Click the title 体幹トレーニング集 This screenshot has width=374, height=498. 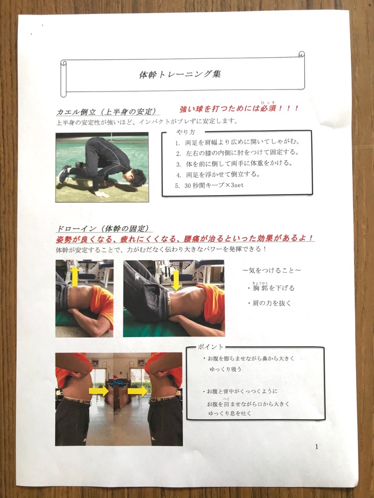pyautogui.click(x=180, y=74)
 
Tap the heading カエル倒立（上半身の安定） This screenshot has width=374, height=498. pyautogui.click(x=107, y=112)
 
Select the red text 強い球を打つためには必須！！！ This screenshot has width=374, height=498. pyautogui.click(x=239, y=108)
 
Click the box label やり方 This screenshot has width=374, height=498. pyautogui.click(x=186, y=132)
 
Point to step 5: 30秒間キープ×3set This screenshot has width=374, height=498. pyautogui.click(x=209, y=185)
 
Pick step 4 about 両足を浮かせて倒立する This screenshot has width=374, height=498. pyautogui.click(x=218, y=175)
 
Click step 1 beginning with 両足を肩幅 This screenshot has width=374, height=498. pyautogui.click(x=237, y=142)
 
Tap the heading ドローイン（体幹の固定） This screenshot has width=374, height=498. pyautogui.click(x=102, y=229)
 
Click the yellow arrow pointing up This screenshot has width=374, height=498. pyautogui.click(x=75, y=276)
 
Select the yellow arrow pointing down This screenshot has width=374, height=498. pyautogui.click(x=175, y=281)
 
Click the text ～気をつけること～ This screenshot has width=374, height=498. pyautogui.click(x=271, y=270)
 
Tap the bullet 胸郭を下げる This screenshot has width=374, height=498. pyautogui.click(x=271, y=287)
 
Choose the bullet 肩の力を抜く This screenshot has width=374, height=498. pyautogui.click(x=270, y=303)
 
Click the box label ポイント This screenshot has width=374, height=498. pyautogui.click(x=210, y=347)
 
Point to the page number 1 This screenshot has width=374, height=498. pyautogui.click(x=317, y=446)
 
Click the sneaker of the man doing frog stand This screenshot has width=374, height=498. pyautogui.click(x=65, y=173)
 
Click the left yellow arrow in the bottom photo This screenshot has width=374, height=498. pyautogui.click(x=99, y=391)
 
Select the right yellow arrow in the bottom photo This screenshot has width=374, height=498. pyautogui.click(x=137, y=391)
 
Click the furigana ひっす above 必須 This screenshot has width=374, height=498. pyautogui.click(x=268, y=103)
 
